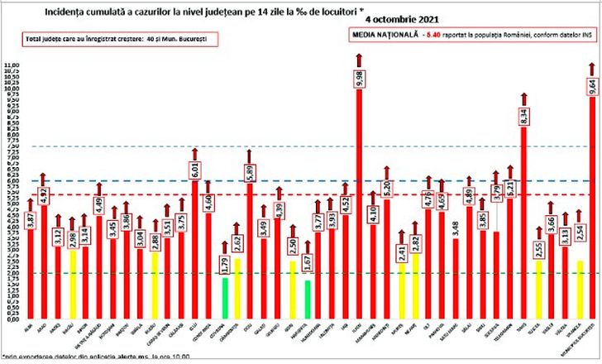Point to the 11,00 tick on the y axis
(x=11, y=65)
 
